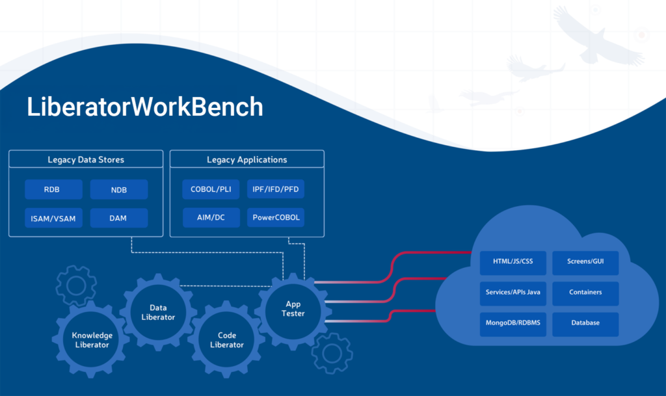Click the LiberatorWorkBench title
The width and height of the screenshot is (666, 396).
[x=145, y=107]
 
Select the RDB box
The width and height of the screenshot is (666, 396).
[x=53, y=189]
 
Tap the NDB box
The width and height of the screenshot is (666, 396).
[x=119, y=189]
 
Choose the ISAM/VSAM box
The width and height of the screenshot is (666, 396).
[x=53, y=218]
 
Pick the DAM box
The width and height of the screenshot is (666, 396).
[x=119, y=218]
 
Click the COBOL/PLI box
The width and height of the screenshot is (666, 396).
[x=211, y=189]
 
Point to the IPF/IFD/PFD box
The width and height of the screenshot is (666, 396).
[x=276, y=189]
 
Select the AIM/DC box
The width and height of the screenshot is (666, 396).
[x=211, y=217]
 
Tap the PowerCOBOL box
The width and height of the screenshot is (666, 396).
[x=276, y=217]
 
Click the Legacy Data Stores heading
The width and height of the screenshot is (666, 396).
[x=86, y=159]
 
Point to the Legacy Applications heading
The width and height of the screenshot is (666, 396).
[x=246, y=159]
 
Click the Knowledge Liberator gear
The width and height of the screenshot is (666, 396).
[x=91, y=339]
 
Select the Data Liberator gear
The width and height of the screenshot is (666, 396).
[x=159, y=312]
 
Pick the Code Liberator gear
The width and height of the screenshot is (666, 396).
[x=226, y=339]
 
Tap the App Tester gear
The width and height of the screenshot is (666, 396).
[x=293, y=311]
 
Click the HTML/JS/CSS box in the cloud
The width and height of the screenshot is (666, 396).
[x=513, y=263]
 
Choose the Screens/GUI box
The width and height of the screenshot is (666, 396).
[x=585, y=263]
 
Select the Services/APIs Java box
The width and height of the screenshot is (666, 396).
[x=513, y=293]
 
